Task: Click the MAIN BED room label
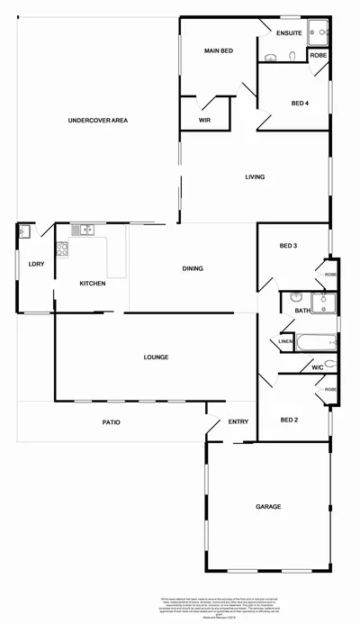pyautogui.click(x=219, y=50)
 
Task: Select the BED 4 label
pyautogui.click(x=301, y=104)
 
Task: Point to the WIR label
pyautogui.click(x=204, y=118)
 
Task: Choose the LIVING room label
pyautogui.click(x=255, y=176)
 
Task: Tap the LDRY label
pyautogui.click(x=36, y=264)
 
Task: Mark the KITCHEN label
pyautogui.click(x=93, y=284)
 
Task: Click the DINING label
pyautogui.click(x=193, y=268)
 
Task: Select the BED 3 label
pyautogui.click(x=288, y=246)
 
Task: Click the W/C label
pyautogui.click(x=317, y=367)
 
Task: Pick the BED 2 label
pyautogui.click(x=288, y=420)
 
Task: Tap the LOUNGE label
pyautogui.click(x=156, y=357)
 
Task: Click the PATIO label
pyautogui.click(x=112, y=421)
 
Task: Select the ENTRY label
pyautogui.click(x=238, y=421)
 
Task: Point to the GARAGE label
pyautogui.click(x=267, y=507)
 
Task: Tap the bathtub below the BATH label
pyautogui.click(x=317, y=342)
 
